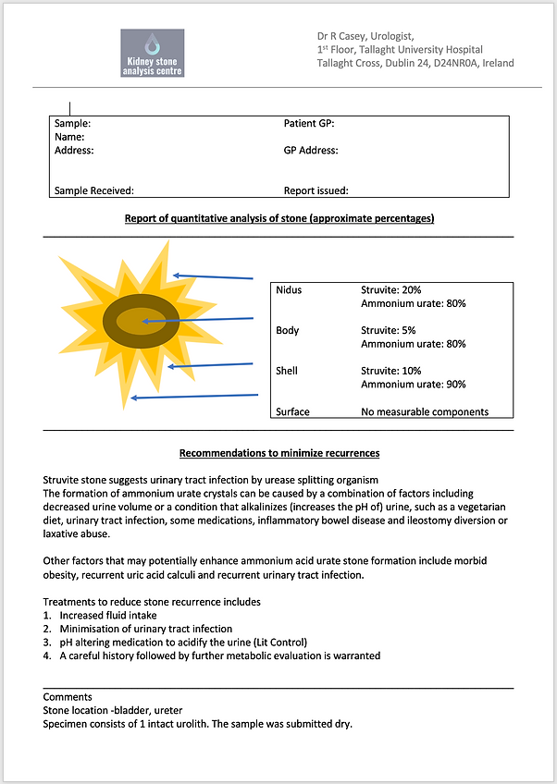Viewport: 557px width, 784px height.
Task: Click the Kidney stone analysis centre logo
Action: [x=153, y=54]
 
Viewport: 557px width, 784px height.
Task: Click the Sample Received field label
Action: [x=94, y=190]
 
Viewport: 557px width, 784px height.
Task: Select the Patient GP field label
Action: [x=309, y=123]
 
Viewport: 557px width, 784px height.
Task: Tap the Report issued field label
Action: [x=316, y=190]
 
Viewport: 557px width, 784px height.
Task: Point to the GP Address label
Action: [x=311, y=150]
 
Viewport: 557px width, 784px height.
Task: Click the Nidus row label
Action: [x=289, y=289]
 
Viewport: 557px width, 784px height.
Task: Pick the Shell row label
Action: [x=287, y=371]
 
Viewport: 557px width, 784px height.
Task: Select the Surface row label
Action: [x=292, y=411]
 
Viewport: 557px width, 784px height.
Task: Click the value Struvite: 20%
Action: [x=391, y=289]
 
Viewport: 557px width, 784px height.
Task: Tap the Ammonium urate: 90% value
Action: [x=413, y=385]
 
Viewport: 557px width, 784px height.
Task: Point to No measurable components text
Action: [x=425, y=411]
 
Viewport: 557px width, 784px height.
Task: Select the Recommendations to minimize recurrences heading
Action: [x=278, y=453]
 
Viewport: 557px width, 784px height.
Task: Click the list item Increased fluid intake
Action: [x=108, y=615]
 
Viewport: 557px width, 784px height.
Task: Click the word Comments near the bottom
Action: [x=68, y=696]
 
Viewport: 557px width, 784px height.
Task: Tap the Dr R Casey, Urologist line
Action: [x=365, y=36]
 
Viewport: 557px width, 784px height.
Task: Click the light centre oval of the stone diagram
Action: [x=141, y=324]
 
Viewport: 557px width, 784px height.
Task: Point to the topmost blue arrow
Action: [x=213, y=276]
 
